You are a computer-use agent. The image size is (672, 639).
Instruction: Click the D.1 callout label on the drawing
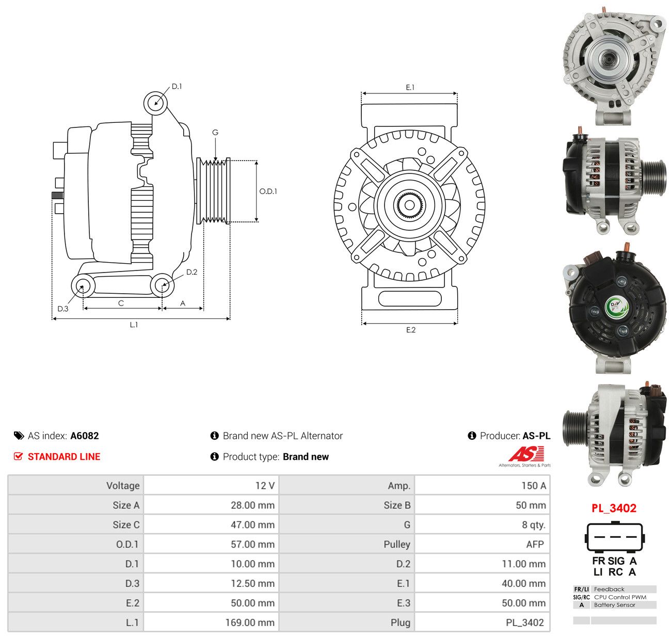(x=177, y=87)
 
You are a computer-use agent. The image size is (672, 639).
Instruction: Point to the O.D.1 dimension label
(x=268, y=191)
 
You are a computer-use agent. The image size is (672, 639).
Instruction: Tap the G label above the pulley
(x=215, y=132)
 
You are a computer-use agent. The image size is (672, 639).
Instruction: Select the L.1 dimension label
(x=134, y=325)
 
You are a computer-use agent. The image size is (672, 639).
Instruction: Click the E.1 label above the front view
(x=410, y=88)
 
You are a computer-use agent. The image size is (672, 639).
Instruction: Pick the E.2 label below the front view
(x=410, y=330)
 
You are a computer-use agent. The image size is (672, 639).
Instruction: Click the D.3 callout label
(x=63, y=309)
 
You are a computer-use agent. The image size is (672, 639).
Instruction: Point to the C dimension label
(x=121, y=303)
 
